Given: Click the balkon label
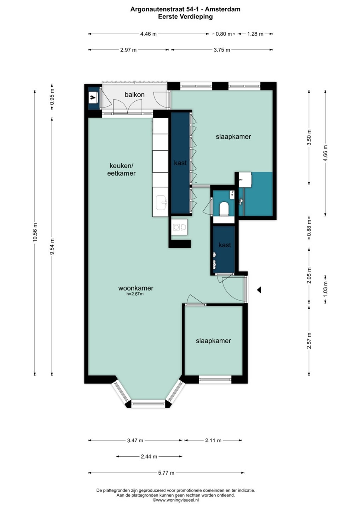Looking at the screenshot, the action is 134,94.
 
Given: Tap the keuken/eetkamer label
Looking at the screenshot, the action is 121,169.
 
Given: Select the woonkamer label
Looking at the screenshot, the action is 136,288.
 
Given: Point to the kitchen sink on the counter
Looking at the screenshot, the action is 162,202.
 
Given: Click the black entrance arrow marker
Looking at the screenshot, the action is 259,290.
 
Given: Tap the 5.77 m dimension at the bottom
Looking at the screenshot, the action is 166,473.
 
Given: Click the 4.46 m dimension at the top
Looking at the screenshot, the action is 149,34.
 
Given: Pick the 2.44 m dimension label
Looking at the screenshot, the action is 149,457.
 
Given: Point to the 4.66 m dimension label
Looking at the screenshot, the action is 325,153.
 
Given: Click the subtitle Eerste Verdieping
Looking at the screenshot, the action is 185,17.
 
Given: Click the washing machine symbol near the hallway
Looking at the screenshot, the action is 180,227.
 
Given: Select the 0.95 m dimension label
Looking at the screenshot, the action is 52,97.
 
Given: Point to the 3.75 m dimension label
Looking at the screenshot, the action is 222,50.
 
